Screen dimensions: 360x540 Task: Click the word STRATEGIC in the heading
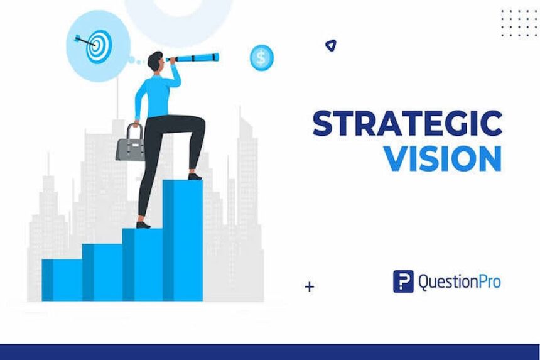(x=407, y=123)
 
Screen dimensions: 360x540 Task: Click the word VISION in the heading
(x=443, y=158)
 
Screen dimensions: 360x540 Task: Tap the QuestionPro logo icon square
(x=403, y=281)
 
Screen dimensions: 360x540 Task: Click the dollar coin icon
(x=261, y=58)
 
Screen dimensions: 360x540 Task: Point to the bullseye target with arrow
(x=96, y=45)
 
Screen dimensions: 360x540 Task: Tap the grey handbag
(x=130, y=144)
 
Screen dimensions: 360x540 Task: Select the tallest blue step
(x=183, y=239)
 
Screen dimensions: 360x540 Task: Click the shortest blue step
(x=62, y=280)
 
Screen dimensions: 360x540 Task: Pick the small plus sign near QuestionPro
(x=309, y=287)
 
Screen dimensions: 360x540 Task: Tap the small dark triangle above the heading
(x=330, y=45)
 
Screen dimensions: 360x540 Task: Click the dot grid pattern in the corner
(x=519, y=23)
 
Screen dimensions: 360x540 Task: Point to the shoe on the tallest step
(x=195, y=177)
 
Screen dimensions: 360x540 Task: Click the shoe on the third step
(x=143, y=224)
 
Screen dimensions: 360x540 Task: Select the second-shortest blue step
(x=102, y=271)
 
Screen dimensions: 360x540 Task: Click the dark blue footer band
(x=270, y=352)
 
